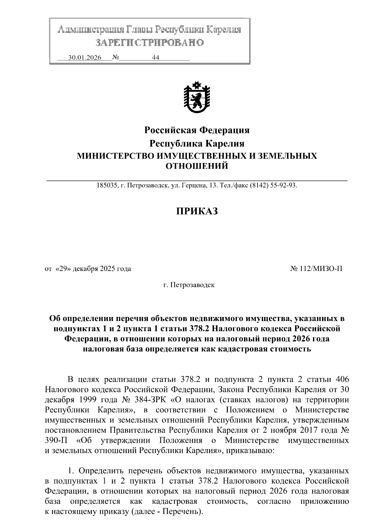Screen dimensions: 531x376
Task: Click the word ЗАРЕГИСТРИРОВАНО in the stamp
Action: click(x=149, y=42)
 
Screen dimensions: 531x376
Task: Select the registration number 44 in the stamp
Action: click(x=155, y=58)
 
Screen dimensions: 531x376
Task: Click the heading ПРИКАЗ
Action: click(x=196, y=211)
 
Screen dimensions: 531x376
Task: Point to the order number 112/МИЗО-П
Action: click(x=320, y=268)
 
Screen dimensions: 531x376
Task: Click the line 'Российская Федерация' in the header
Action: click(x=196, y=130)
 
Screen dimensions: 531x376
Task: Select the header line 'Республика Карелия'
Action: click(x=196, y=143)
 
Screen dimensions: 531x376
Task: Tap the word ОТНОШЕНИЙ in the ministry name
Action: click(x=196, y=166)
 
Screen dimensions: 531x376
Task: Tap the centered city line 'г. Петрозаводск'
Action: click(x=189, y=285)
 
